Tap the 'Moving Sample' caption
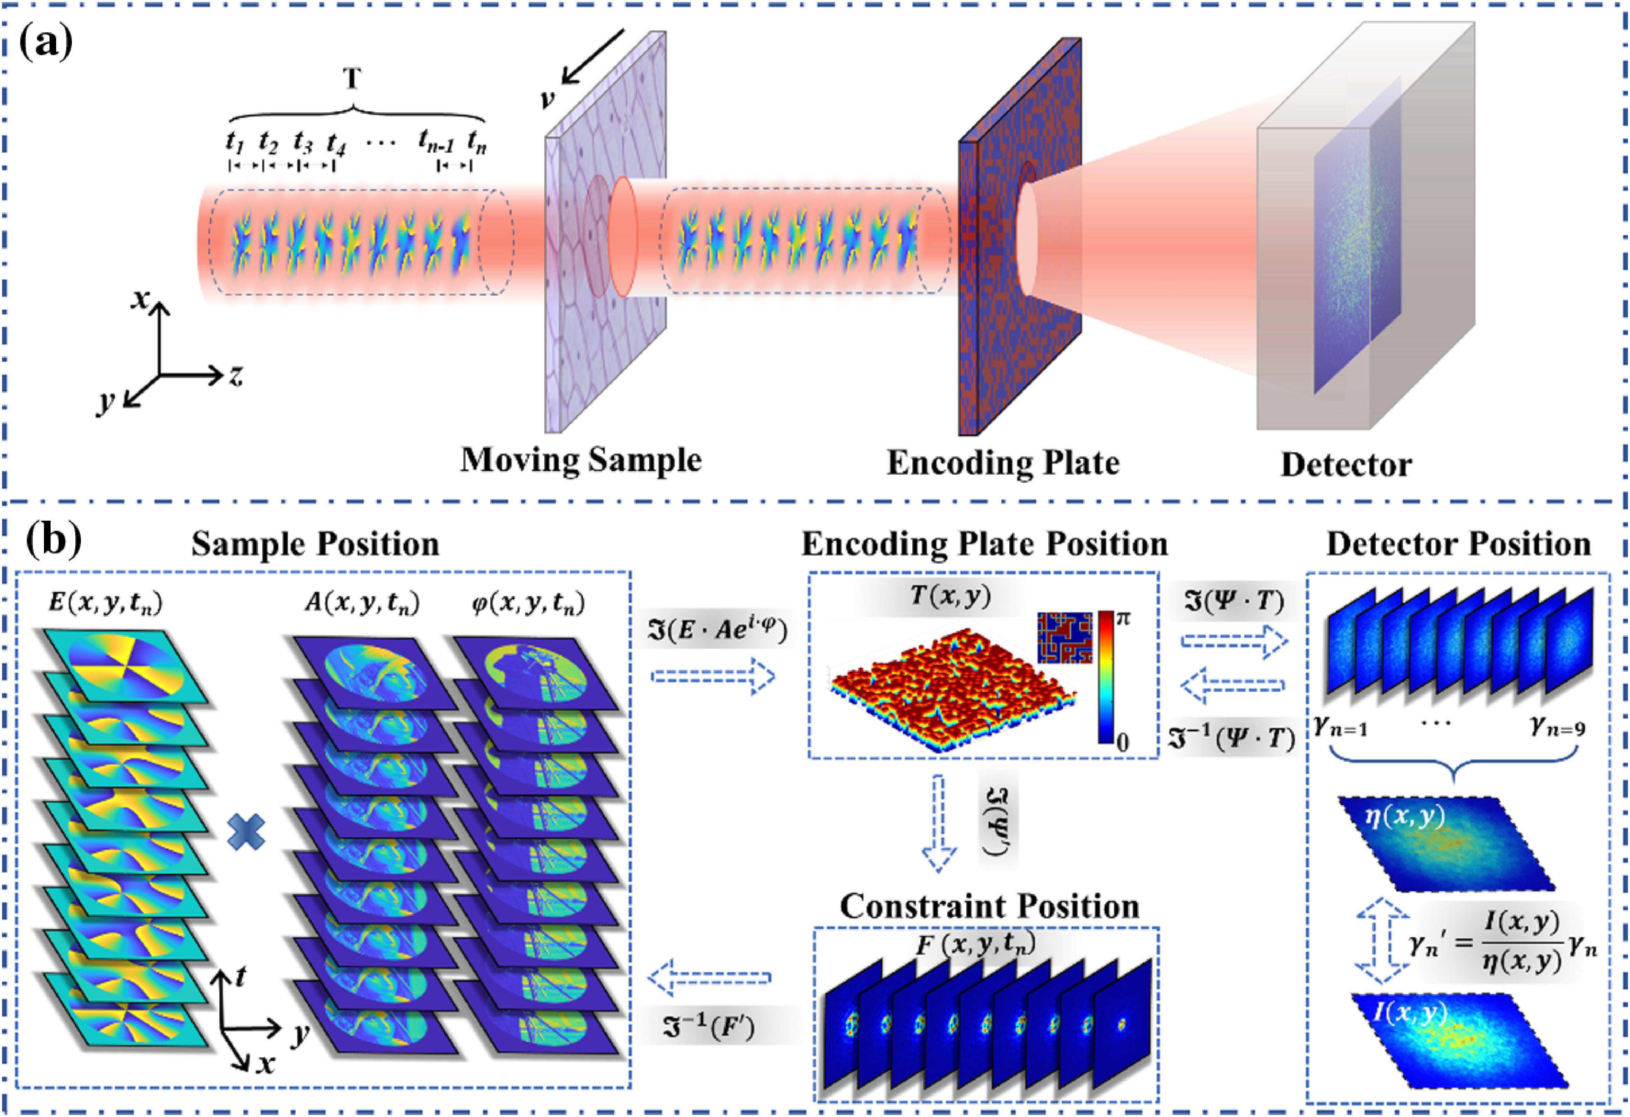(x=581, y=461)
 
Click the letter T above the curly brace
(x=352, y=78)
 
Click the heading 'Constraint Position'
(x=989, y=907)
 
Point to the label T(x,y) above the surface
(x=950, y=596)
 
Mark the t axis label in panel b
(x=241, y=976)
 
